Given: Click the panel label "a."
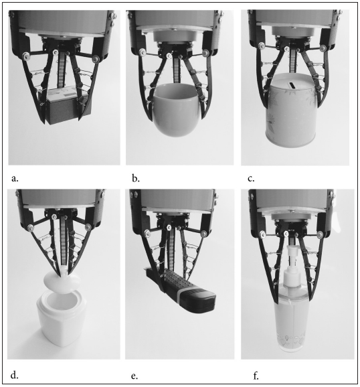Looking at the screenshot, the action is [x=15, y=179].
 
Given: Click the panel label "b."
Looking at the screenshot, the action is [x=136, y=178].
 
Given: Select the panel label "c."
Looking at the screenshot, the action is [x=251, y=179].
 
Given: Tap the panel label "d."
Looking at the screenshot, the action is [x=14, y=376].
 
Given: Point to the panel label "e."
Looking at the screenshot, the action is [x=134, y=376].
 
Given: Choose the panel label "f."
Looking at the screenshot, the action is [x=256, y=376].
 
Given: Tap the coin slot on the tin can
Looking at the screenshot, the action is [x=292, y=85].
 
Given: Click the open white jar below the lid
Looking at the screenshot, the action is [x=62, y=319].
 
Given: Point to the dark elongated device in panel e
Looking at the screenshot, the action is [x=180, y=290].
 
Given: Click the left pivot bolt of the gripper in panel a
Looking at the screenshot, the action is [x=25, y=56].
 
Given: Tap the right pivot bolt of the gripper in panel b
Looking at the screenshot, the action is [x=205, y=53].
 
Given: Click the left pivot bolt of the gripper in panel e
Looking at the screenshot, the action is [x=147, y=232].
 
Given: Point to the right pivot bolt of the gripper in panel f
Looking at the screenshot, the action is [x=320, y=234].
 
